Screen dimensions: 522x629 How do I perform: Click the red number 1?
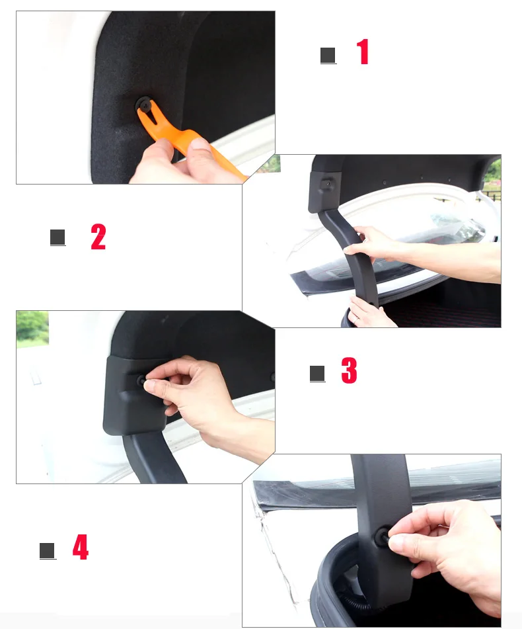click(363, 52)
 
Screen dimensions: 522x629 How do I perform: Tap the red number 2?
click(98, 237)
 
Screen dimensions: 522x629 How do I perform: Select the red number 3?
click(349, 370)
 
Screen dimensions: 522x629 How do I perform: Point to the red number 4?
click(81, 547)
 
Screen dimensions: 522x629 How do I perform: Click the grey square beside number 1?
click(328, 56)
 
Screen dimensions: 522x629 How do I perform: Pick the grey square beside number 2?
click(57, 237)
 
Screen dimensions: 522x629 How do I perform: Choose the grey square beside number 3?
click(317, 374)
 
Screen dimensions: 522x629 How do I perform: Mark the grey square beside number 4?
click(48, 550)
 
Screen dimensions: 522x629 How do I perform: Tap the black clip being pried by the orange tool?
click(144, 105)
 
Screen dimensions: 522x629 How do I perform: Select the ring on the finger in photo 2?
click(355, 319)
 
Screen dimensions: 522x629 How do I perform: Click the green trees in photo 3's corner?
click(32, 327)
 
